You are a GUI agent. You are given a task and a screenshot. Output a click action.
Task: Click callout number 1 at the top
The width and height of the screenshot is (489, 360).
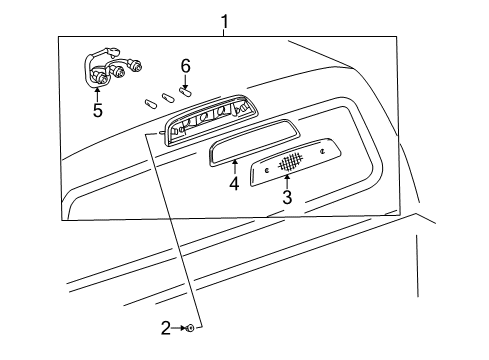click(225, 20)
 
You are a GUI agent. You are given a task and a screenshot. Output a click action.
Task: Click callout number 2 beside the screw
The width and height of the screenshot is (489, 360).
click(166, 327)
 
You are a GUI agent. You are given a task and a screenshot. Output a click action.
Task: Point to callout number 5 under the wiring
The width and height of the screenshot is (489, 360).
click(98, 110)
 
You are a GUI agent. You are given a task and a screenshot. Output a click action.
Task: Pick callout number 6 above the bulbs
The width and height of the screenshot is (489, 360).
click(185, 65)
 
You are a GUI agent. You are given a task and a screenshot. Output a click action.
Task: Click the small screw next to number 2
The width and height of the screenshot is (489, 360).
click(189, 327)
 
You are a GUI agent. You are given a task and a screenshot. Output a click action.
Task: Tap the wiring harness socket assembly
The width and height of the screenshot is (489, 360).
click(108, 70)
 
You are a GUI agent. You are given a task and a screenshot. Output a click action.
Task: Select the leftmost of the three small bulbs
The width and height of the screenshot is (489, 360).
click(151, 102)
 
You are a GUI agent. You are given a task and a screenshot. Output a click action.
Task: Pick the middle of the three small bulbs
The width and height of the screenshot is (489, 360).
click(167, 98)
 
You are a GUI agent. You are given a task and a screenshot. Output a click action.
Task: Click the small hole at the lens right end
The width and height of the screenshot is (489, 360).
click(323, 151)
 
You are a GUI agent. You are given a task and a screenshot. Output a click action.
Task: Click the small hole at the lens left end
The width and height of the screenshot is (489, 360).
click(266, 171)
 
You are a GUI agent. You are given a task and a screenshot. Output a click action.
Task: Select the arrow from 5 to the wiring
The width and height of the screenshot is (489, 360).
click(96, 91)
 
